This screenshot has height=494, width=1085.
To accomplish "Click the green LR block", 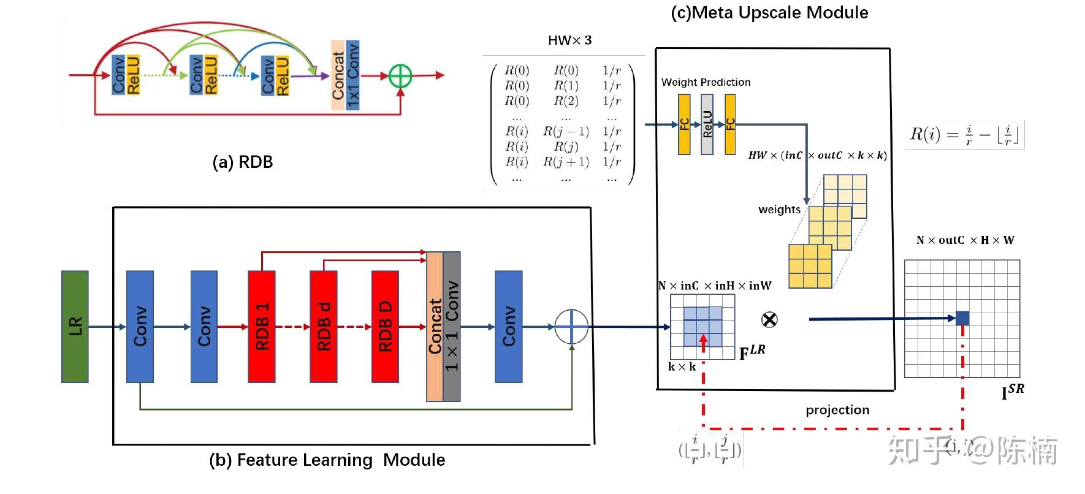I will click(75, 327).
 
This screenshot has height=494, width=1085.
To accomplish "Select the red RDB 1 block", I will click(262, 327).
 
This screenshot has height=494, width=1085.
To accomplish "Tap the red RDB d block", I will click(324, 327).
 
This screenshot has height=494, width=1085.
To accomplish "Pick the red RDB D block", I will click(385, 327).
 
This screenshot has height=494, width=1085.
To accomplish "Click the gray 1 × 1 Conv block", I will click(452, 327).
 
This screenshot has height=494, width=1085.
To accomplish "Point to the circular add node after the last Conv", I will click(571, 327).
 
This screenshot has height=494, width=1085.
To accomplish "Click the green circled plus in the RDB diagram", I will click(401, 76).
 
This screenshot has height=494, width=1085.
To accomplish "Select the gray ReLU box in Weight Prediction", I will click(707, 124).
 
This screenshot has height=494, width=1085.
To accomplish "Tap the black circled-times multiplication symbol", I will click(769, 319).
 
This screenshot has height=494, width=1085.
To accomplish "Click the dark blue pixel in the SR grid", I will click(962, 318).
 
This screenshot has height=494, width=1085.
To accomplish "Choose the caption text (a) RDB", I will click(242, 162).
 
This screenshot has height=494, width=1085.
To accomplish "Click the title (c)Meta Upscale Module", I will click(769, 12).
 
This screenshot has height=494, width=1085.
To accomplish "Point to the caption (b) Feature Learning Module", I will click(327, 460).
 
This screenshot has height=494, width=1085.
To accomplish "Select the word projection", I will click(837, 410).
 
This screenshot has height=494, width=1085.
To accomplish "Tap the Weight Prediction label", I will click(706, 82).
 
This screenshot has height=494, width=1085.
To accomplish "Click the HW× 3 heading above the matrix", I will click(569, 40).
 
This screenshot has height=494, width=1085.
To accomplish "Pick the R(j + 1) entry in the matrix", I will click(566, 162).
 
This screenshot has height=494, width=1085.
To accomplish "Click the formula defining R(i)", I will click(964, 134).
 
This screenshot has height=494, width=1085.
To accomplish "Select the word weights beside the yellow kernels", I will click(779, 210).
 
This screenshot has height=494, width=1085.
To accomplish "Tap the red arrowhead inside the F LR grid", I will click(703, 339).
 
